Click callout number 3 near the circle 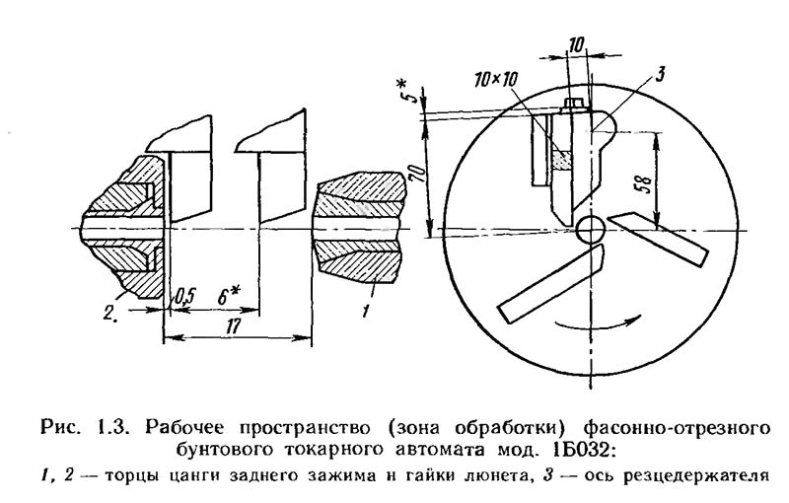[662, 71]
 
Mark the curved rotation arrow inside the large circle [592, 325]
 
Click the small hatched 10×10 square [562, 159]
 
